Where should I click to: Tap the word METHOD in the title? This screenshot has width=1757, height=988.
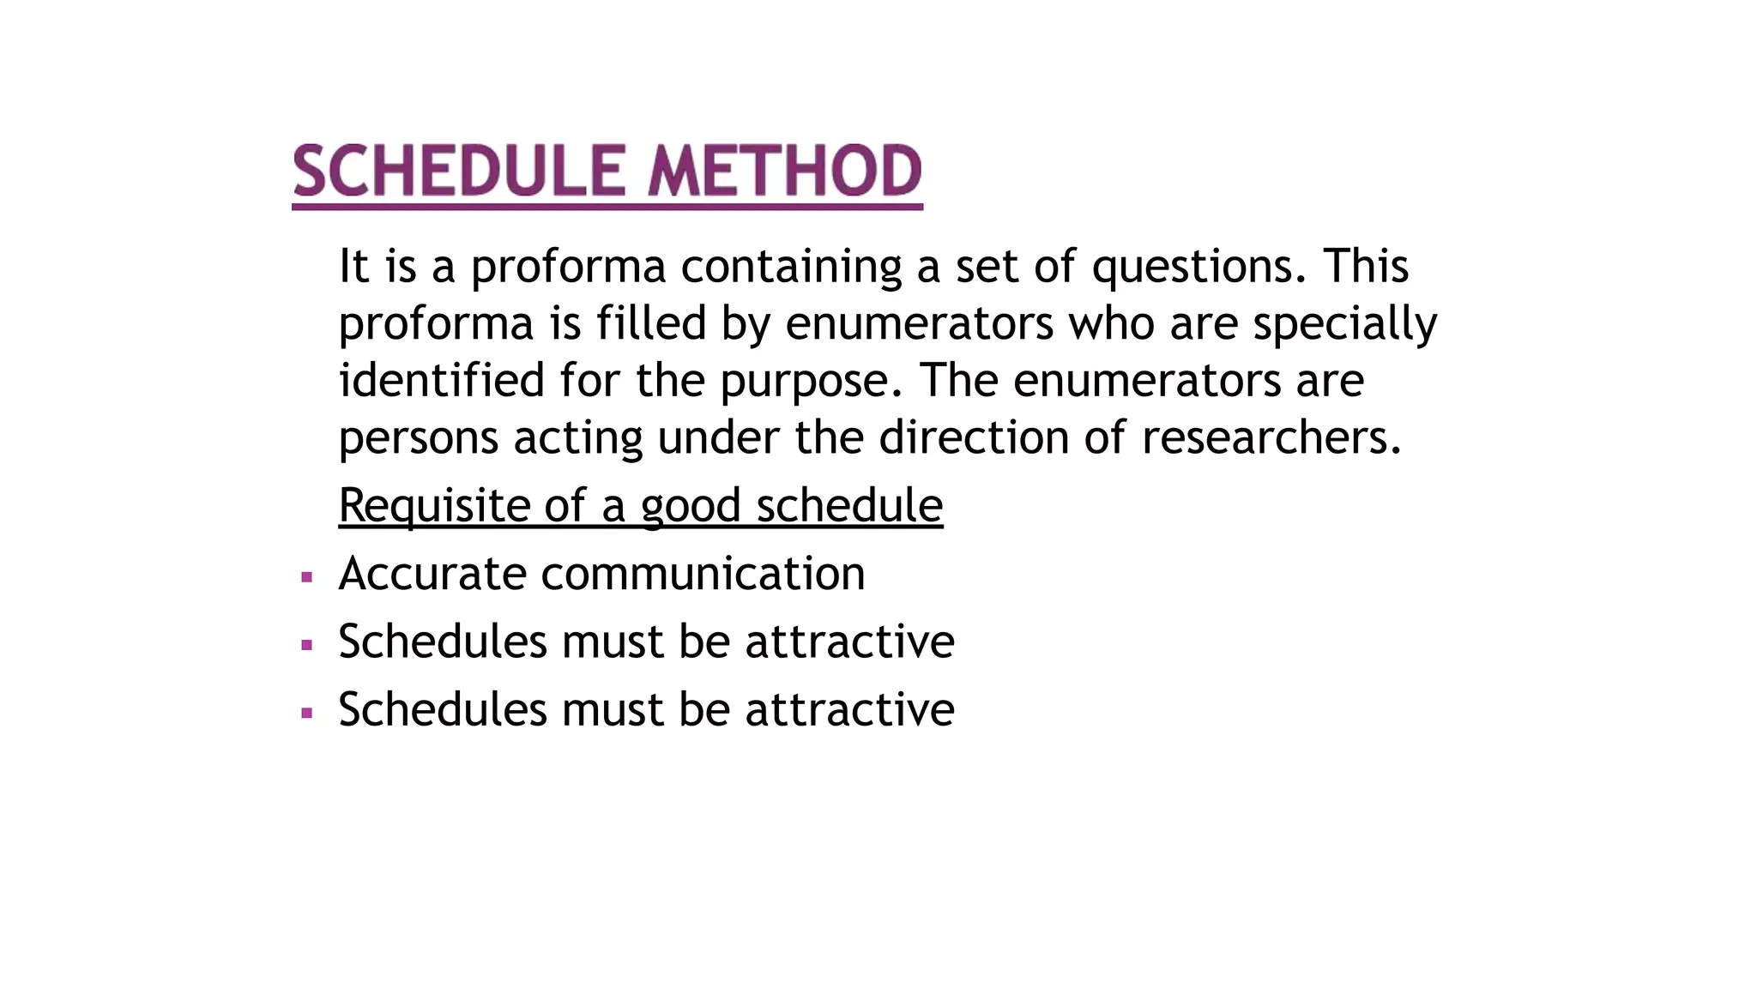point(784,171)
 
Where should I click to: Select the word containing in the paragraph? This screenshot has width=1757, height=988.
point(791,266)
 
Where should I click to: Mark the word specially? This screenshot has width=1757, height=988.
point(1344,323)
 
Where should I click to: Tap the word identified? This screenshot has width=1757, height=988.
point(442,380)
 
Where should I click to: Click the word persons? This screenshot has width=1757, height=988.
point(419,438)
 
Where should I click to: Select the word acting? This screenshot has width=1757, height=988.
point(578,438)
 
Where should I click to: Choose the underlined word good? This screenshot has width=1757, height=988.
point(690,505)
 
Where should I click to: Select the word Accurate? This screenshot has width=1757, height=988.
point(432,573)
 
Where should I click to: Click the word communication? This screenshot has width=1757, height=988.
point(703,573)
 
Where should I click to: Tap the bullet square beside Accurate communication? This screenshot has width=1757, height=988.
point(307,577)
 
